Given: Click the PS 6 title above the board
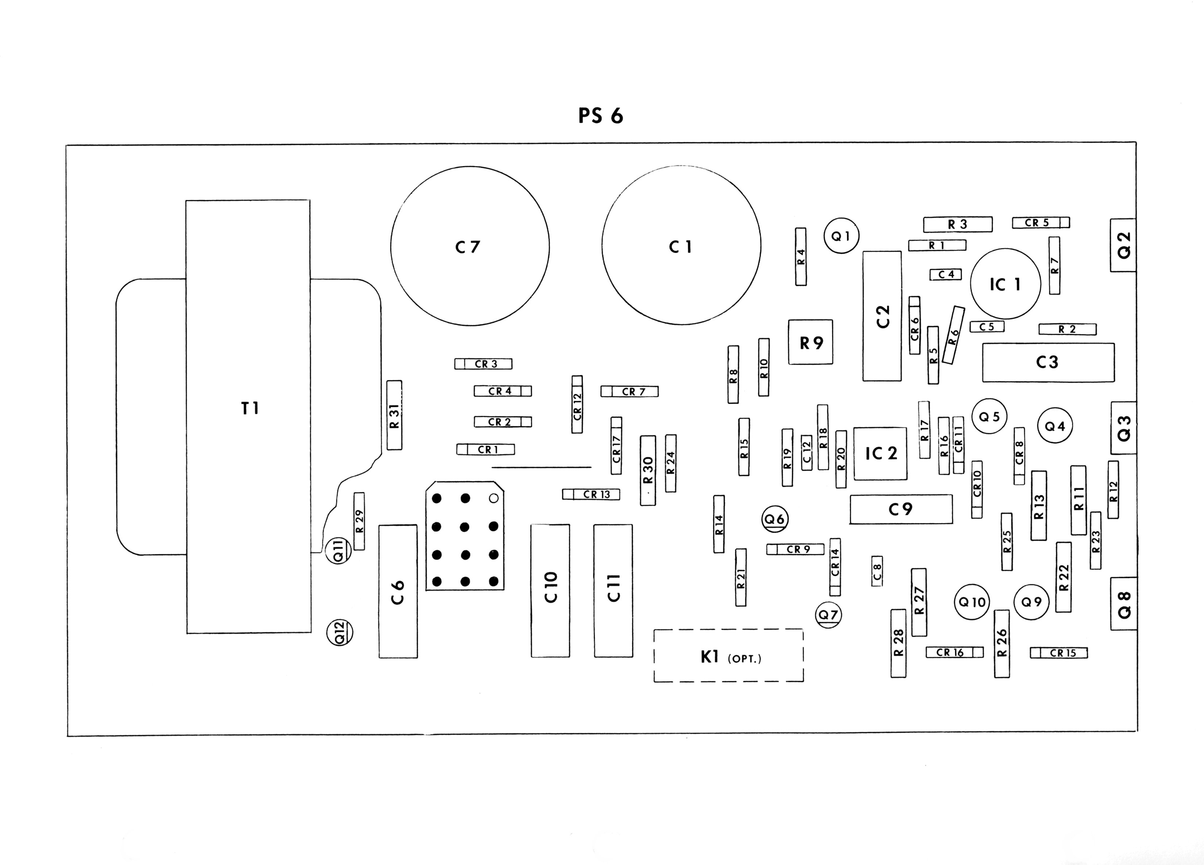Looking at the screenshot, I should pyautogui.click(x=601, y=116).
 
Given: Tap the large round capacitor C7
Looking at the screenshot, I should pyautogui.click(x=470, y=246).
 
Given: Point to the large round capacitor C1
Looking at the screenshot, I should pyautogui.click(x=681, y=246).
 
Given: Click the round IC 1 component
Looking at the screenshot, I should pyautogui.click(x=1005, y=284).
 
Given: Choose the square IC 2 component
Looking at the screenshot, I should pyautogui.click(x=880, y=453).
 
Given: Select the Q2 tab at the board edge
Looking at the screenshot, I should pyautogui.click(x=1123, y=245).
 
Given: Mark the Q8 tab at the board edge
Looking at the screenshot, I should pyautogui.click(x=1123, y=604).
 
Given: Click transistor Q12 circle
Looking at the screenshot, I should pyautogui.click(x=340, y=633).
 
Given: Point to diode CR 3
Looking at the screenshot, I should pyautogui.click(x=483, y=364).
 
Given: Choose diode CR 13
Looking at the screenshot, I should pyautogui.click(x=591, y=494).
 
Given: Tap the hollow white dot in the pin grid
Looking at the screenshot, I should pyautogui.click(x=493, y=498).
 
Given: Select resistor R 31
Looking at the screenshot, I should pyautogui.click(x=394, y=415).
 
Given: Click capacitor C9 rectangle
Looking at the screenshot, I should pyautogui.click(x=901, y=509).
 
